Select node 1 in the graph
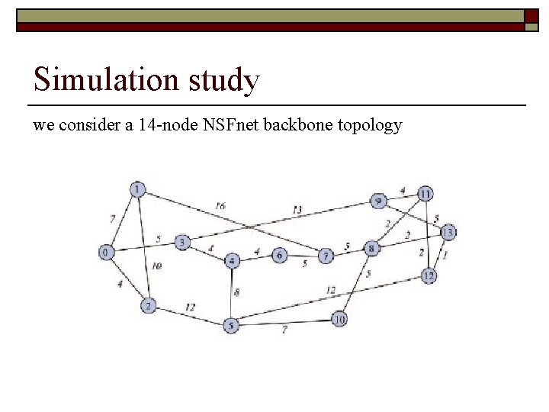point(137,189)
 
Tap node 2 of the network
point(149,306)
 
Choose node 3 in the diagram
point(182,243)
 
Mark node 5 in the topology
point(232,325)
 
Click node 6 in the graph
point(280,255)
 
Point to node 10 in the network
point(339,319)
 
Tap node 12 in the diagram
point(429,275)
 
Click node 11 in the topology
point(425,193)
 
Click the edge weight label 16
point(220,205)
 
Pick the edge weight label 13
point(297,210)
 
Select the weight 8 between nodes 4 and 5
point(237,291)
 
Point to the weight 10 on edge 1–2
point(156,266)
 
